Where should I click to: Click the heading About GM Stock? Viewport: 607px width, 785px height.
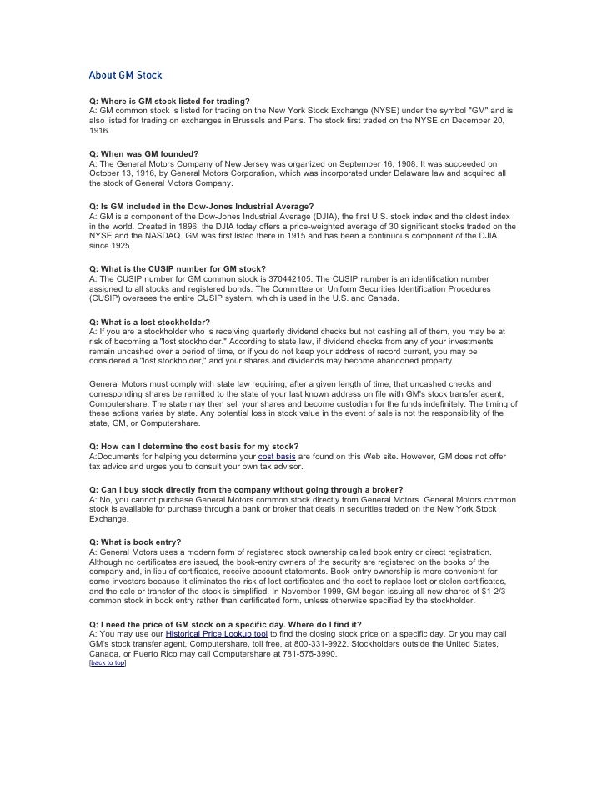coord(125,76)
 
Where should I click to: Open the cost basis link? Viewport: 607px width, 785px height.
coord(277,457)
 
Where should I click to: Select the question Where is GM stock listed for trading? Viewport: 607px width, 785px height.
coord(169,102)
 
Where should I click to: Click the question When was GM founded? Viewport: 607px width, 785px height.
coord(143,154)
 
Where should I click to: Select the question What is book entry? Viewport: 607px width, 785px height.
coord(135,542)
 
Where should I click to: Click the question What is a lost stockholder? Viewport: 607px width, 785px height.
coord(149,322)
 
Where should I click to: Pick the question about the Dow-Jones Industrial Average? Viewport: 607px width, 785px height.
coord(201,206)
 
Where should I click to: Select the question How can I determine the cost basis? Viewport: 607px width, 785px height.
coord(193,447)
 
